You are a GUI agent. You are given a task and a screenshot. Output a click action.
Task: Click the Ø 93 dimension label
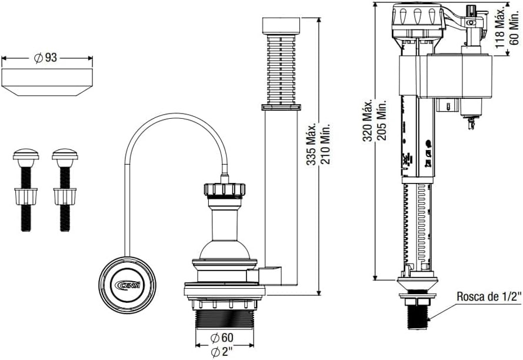[46, 58]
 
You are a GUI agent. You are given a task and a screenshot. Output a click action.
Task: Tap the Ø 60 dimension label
[222, 338]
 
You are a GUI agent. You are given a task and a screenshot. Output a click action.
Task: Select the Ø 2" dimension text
[222, 352]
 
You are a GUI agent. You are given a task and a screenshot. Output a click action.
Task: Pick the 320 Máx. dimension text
[368, 120]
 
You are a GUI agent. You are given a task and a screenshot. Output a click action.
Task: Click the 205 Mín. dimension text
[382, 120]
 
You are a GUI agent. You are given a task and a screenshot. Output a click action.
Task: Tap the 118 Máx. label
[499, 26]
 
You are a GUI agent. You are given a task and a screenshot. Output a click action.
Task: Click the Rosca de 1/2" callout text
[489, 296]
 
